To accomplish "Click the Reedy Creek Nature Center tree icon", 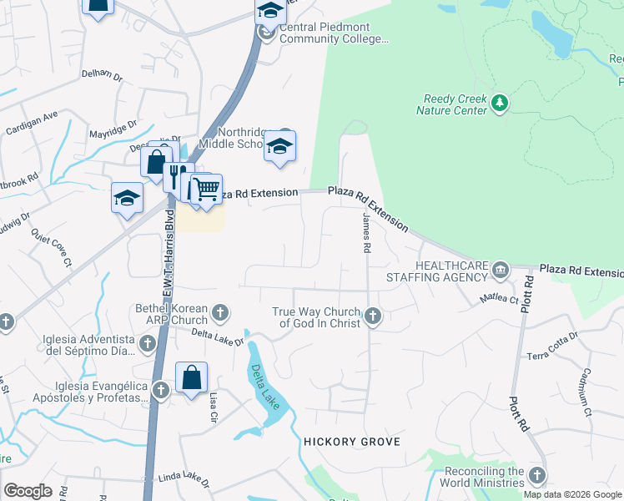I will [x=500, y=103].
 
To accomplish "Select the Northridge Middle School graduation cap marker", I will [x=280, y=148].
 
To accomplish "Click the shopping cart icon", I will [x=205, y=190].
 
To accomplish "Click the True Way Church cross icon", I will [x=373, y=316].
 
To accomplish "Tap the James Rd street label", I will [x=366, y=233].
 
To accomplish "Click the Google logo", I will [x=28, y=491].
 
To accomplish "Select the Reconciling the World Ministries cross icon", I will [x=536, y=475].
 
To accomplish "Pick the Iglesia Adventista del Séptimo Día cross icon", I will [x=148, y=343].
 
